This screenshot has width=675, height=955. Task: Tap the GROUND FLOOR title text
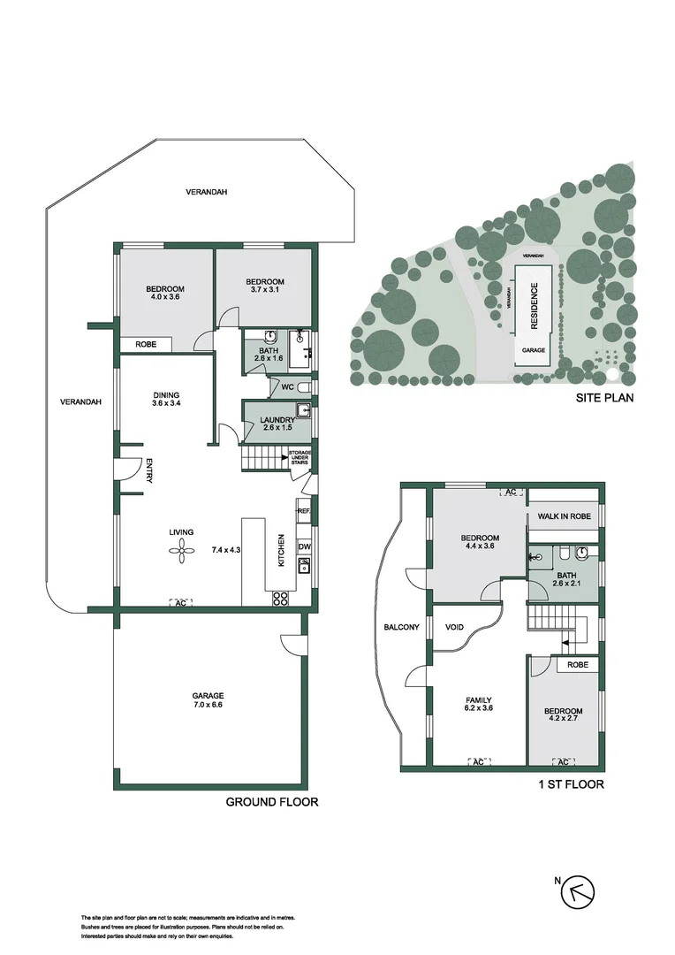(271, 802)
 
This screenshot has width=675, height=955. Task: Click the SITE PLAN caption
(604, 398)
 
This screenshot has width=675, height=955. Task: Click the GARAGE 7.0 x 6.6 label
(209, 701)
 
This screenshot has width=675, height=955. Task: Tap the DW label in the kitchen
(304, 546)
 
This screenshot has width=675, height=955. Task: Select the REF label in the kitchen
(303, 511)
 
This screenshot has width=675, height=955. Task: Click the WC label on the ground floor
(287, 386)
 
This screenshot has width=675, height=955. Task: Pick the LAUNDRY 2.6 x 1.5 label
(277, 424)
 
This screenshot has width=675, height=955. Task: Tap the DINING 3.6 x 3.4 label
(166, 400)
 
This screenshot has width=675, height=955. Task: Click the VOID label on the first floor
(455, 627)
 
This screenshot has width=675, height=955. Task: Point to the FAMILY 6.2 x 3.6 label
(478, 705)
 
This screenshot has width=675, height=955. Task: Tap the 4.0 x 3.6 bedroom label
(165, 294)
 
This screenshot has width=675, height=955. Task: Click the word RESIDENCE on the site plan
(534, 306)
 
